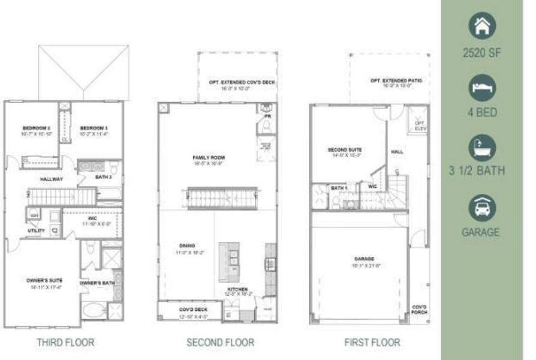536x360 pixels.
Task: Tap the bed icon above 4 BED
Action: point(481,87)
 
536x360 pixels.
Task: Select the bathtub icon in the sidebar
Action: point(481,146)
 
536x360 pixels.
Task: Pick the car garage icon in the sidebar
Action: point(481,207)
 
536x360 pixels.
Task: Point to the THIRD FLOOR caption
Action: point(65,343)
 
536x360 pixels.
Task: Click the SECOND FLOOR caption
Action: point(220,343)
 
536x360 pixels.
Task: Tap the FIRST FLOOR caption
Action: point(372,343)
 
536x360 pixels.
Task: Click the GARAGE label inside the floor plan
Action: point(364,259)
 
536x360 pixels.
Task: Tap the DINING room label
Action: point(187,245)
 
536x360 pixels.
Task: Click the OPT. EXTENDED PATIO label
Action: point(390,80)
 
